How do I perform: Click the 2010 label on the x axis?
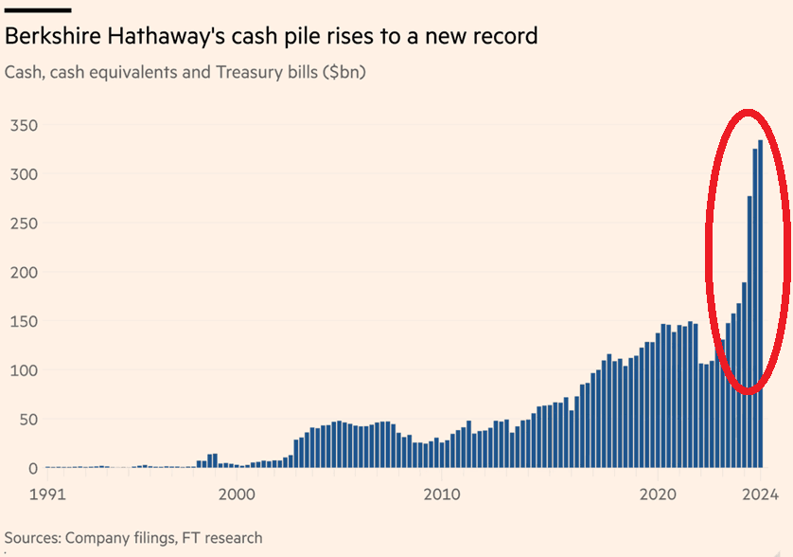click(x=441, y=494)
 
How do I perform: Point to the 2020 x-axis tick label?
click(x=658, y=494)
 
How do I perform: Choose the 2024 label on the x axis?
click(x=760, y=494)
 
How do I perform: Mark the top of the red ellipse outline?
click(x=748, y=111)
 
